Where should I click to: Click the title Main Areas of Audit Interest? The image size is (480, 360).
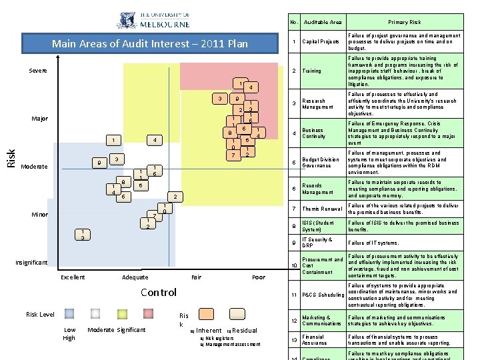150,44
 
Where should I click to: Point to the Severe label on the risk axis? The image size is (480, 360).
38,71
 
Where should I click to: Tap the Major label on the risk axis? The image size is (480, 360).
40,119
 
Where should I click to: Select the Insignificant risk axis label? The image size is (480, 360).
32,262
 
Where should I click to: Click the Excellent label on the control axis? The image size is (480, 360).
73,277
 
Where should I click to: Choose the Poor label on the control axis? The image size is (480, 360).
259,277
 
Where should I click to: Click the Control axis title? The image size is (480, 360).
159,292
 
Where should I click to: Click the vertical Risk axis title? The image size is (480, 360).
11,158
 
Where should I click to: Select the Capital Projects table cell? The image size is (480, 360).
321,42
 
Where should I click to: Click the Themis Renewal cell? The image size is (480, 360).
321,209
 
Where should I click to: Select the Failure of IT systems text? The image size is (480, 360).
373,243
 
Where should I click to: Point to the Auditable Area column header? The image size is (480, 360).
323,22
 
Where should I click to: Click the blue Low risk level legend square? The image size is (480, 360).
69,313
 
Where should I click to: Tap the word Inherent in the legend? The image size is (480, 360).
209,330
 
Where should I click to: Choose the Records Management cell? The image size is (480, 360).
317,189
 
